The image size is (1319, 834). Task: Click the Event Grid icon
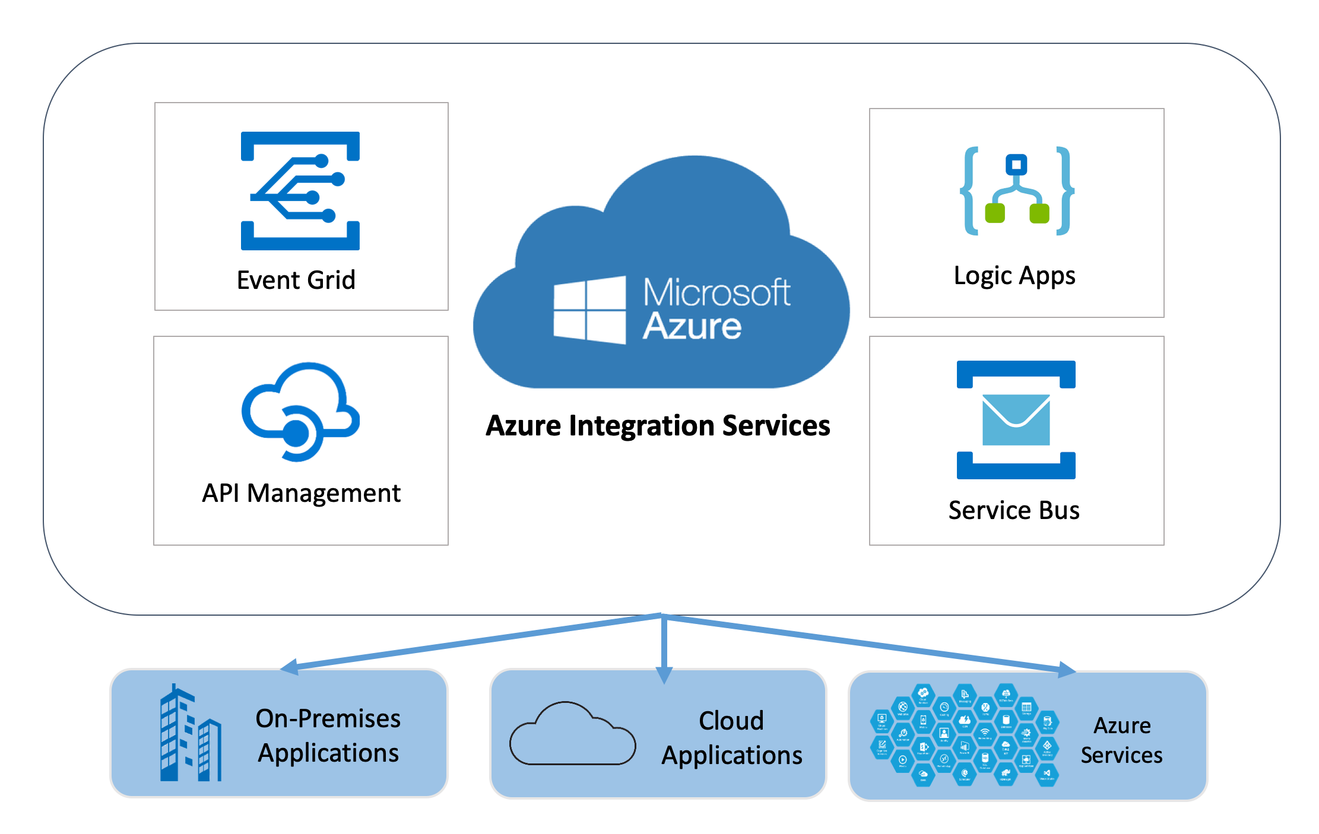300,190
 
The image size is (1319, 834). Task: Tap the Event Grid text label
296,280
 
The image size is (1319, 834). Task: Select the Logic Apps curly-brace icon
1017,190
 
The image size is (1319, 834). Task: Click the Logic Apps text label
1014,276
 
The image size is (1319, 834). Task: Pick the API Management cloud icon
300,411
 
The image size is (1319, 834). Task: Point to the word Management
324,493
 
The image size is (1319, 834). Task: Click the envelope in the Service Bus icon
1016,419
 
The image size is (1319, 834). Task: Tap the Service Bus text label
1013,510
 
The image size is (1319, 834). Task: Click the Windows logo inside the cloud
589,310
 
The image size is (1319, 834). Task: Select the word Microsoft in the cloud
716,292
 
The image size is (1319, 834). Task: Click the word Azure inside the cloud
692,326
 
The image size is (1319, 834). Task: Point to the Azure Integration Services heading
658,425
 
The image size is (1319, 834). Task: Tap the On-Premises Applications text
328,736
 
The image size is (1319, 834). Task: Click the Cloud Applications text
731,738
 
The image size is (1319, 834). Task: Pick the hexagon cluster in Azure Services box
964,736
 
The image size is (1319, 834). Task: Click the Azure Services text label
1121,740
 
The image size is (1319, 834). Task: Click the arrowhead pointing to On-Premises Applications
289,667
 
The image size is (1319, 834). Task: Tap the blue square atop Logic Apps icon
1016,164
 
